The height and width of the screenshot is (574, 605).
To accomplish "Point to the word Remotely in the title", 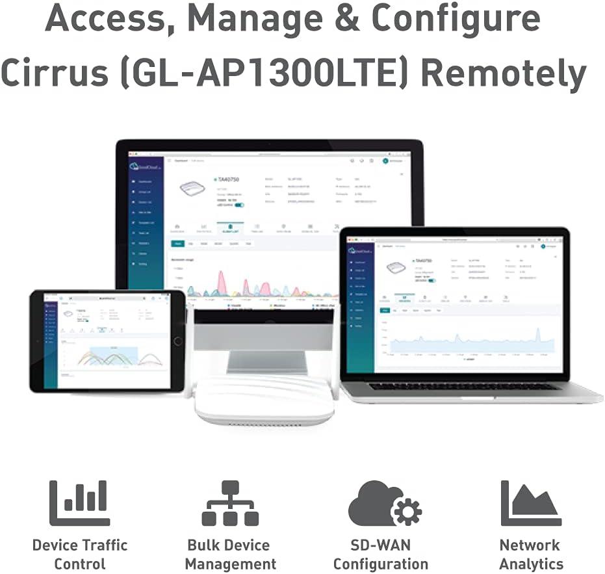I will [504, 73].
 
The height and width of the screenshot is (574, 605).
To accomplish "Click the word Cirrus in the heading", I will [57, 73].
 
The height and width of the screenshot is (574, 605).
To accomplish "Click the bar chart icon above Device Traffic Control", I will [80, 502].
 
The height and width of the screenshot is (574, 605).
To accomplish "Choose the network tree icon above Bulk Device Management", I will [230, 502].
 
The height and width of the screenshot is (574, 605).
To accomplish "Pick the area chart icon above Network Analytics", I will [530, 502].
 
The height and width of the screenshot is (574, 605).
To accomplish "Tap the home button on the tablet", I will [178, 341].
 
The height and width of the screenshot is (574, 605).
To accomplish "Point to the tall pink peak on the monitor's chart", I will [222, 282].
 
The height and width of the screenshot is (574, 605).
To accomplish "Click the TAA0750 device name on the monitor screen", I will [229, 179].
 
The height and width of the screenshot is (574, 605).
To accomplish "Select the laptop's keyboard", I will [464, 385].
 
